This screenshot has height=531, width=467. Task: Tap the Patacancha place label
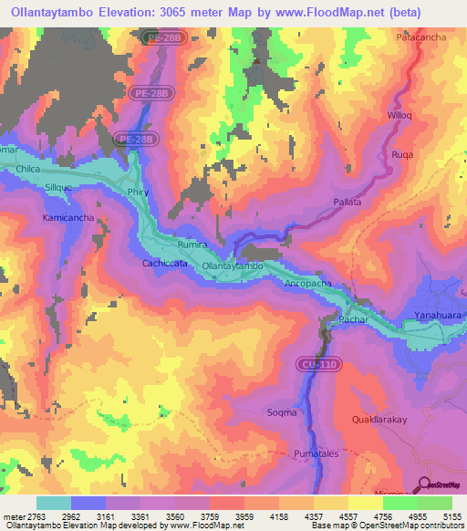click(x=420, y=37)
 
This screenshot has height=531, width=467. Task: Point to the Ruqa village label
click(x=402, y=154)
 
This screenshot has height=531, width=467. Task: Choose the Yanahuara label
click(x=436, y=313)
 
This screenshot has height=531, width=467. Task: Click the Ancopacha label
click(x=311, y=283)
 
